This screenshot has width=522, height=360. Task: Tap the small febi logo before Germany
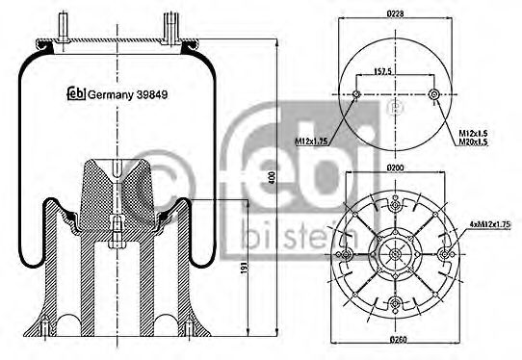74,93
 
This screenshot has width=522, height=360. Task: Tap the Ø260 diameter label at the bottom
396,343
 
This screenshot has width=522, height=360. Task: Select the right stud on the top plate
170,26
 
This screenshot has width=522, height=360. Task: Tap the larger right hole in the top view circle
435,94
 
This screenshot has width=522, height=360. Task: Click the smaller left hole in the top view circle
357,94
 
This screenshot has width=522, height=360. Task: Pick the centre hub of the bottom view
396,255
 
